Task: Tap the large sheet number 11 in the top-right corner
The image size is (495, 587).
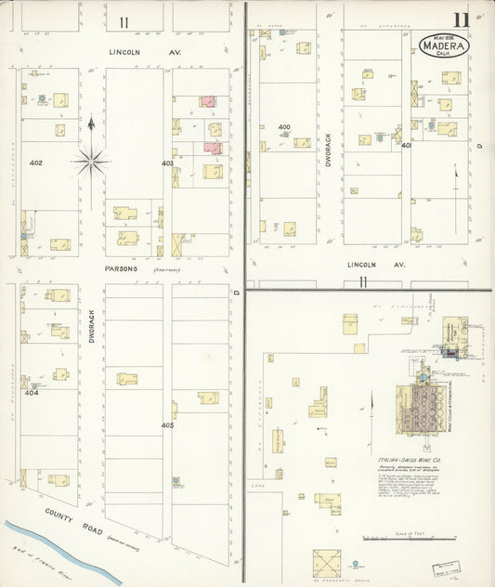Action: (461, 20)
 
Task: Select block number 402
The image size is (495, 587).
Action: (36, 163)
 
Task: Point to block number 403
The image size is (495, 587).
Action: (168, 163)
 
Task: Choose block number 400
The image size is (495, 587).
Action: (284, 127)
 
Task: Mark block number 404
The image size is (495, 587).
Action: (32, 393)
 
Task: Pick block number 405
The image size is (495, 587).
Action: (168, 425)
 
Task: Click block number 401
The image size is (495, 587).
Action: (406, 145)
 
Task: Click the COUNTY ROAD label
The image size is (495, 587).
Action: (72, 516)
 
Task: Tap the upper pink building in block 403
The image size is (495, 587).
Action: (208, 100)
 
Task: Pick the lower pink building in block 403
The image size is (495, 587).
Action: (213, 147)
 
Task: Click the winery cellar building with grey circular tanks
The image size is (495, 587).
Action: (423, 405)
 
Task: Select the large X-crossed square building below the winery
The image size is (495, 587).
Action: (326, 563)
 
